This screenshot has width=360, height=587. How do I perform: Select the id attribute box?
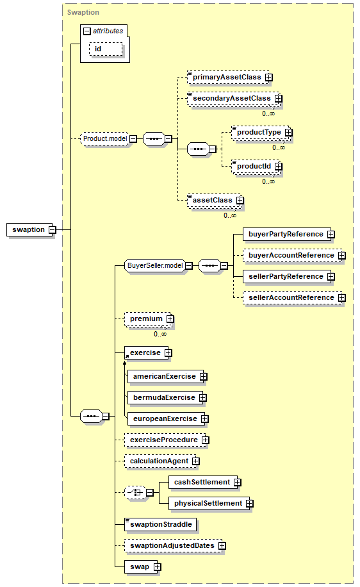[x=106, y=49]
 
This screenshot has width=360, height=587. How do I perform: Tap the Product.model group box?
[x=105, y=138]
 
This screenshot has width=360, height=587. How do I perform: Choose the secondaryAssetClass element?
[x=234, y=99]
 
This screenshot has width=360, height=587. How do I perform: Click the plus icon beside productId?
[x=279, y=166]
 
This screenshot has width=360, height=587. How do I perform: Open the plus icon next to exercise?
[x=168, y=353]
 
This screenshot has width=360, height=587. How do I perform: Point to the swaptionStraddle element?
[x=161, y=524]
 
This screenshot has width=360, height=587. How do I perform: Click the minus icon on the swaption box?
[x=53, y=229]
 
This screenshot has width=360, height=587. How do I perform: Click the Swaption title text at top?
[x=83, y=12]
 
